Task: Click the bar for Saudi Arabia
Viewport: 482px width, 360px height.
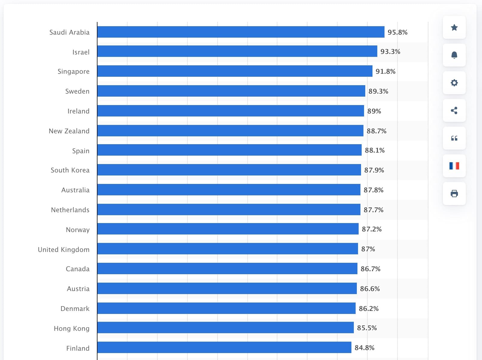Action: coord(241,32)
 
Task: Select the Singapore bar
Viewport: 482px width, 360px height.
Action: coord(235,71)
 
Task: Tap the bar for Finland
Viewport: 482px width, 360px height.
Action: coord(224,347)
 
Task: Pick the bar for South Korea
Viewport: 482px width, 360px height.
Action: coord(229,170)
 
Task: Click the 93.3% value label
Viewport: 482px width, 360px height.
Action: coord(390,52)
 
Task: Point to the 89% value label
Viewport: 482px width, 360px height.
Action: coord(374,111)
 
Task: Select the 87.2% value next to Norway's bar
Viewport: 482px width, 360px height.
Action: coord(372,229)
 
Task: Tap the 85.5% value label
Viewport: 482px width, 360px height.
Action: coord(367,328)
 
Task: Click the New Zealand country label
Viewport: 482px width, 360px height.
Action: coord(69,131)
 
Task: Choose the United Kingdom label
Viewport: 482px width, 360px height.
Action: coord(63,250)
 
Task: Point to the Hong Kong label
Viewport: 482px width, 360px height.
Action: coord(71,328)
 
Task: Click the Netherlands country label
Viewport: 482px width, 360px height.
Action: coord(70,210)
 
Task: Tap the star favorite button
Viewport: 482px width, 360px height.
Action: coord(454,28)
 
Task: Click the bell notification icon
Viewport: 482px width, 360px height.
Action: coord(454,55)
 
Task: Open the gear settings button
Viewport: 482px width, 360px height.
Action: coord(454,83)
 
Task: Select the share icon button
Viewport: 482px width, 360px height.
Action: coord(454,110)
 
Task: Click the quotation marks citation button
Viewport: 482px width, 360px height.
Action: coord(454,138)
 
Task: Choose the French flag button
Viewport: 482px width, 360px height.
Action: coord(454,166)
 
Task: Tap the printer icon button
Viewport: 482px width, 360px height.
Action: coord(454,194)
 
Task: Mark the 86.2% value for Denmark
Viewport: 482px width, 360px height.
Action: coord(369,309)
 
